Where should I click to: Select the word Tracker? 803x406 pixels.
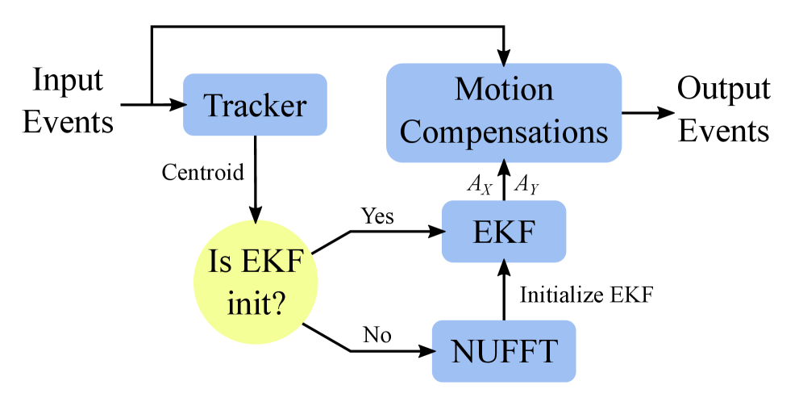(255, 106)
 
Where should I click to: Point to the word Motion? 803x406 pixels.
(504, 90)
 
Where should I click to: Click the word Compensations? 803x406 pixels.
(504, 132)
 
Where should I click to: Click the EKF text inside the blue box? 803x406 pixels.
(504, 232)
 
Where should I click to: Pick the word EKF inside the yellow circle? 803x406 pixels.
(273, 262)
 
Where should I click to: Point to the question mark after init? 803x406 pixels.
(278, 303)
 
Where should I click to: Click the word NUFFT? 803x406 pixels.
(504, 352)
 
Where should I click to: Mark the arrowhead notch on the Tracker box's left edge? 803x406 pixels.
(186, 105)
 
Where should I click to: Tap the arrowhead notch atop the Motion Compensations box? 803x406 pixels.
(504, 66)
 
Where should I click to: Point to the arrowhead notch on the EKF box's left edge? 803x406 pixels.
(444, 232)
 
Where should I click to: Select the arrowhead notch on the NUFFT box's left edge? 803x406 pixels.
(435, 351)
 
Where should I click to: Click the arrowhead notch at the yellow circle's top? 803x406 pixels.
(256, 221)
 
